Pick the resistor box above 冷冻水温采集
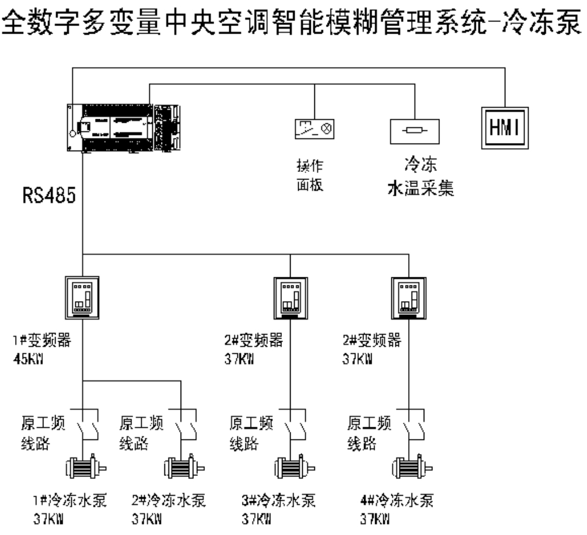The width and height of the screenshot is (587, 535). [414, 128]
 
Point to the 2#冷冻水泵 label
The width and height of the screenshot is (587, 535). [168, 499]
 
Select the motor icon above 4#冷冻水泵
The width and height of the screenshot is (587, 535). [411, 467]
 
